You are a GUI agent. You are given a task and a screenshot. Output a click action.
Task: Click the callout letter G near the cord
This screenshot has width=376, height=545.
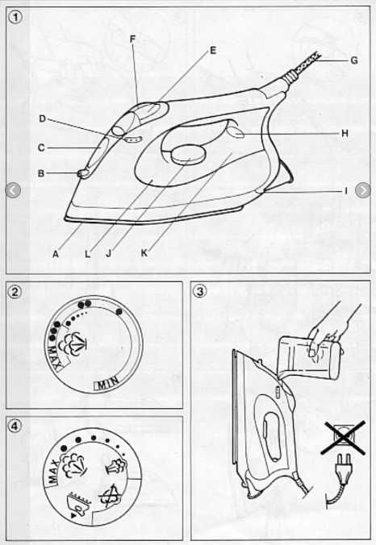tap(353, 60)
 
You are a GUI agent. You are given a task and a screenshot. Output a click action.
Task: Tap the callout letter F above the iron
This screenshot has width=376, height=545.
tap(132, 39)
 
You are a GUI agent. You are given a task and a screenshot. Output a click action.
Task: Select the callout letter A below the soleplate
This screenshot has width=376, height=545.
tap(56, 254)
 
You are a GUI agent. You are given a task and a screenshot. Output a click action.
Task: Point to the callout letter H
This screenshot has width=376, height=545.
tap(345, 133)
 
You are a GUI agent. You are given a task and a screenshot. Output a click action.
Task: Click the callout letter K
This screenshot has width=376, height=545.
tap(144, 253)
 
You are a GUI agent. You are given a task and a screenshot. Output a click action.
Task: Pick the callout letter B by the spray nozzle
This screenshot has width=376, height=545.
tap(41, 173)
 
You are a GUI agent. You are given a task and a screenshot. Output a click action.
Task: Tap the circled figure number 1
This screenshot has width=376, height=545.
tap(16, 16)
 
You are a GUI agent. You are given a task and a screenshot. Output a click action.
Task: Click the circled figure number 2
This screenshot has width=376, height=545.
tap(15, 291)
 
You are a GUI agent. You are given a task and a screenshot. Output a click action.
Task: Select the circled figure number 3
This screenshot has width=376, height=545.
tap(199, 291)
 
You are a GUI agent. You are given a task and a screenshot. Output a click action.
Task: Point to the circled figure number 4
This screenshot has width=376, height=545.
tap(15, 426)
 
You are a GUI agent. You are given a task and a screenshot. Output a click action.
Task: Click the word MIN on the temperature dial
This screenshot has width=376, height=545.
tap(106, 383)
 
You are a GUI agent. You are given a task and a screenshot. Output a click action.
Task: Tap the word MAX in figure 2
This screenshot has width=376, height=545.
tap(54, 357)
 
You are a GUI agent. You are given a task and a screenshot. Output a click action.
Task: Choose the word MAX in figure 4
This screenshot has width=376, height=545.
tap(53, 472)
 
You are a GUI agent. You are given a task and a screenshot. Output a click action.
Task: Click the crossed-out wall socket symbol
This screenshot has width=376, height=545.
tap(343, 437)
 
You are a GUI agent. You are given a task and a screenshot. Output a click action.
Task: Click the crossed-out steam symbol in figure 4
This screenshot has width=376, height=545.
tap(110, 497)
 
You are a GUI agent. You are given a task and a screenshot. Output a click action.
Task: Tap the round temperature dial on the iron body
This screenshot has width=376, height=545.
tap(188, 155)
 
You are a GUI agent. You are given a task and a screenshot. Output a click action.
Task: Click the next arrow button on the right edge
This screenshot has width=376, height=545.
tap(362, 190)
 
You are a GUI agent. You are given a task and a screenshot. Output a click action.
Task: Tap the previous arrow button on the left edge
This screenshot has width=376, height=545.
tap(13, 190)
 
